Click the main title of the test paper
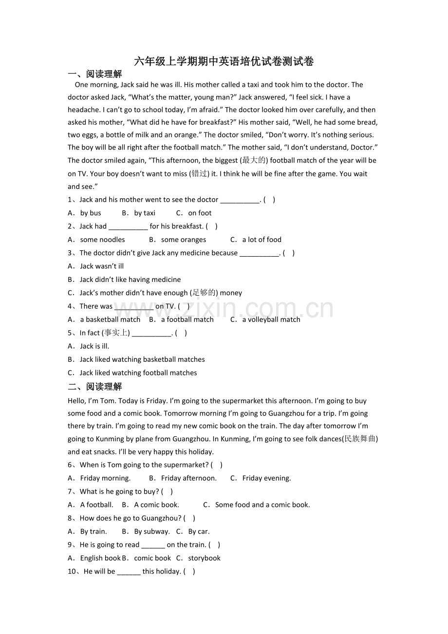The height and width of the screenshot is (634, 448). click(224, 61)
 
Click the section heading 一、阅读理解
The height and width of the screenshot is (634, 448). click(95, 74)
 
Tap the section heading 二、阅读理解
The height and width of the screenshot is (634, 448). click(95, 387)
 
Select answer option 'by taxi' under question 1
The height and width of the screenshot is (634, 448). click(145, 213)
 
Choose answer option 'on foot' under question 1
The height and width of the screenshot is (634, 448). click(200, 213)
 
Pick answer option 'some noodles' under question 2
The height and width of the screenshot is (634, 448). click(102, 240)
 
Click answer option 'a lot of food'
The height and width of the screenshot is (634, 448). click(261, 240)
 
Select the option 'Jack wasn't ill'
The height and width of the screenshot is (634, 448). click(102, 266)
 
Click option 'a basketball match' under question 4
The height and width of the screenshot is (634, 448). click(110, 319)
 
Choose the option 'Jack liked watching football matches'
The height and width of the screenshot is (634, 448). click(138, 373)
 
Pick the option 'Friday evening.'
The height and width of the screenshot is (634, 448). click(266, 478)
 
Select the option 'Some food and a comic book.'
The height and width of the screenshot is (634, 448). click(262, 505)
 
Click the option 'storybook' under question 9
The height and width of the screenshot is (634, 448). click(204, 558)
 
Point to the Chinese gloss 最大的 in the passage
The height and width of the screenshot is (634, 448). click(254, 160)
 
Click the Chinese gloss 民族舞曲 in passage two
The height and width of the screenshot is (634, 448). click(360, 439)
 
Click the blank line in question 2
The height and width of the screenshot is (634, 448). click(128, 226)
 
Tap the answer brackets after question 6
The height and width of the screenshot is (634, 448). click(217, 465)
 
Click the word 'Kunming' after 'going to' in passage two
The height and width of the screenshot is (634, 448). click(110, 439)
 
